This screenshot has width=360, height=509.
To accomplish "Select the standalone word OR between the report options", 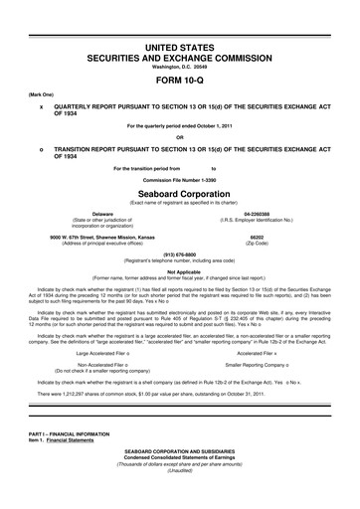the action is [180, 137].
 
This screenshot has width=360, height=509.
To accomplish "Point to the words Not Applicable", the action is [180, 271].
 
